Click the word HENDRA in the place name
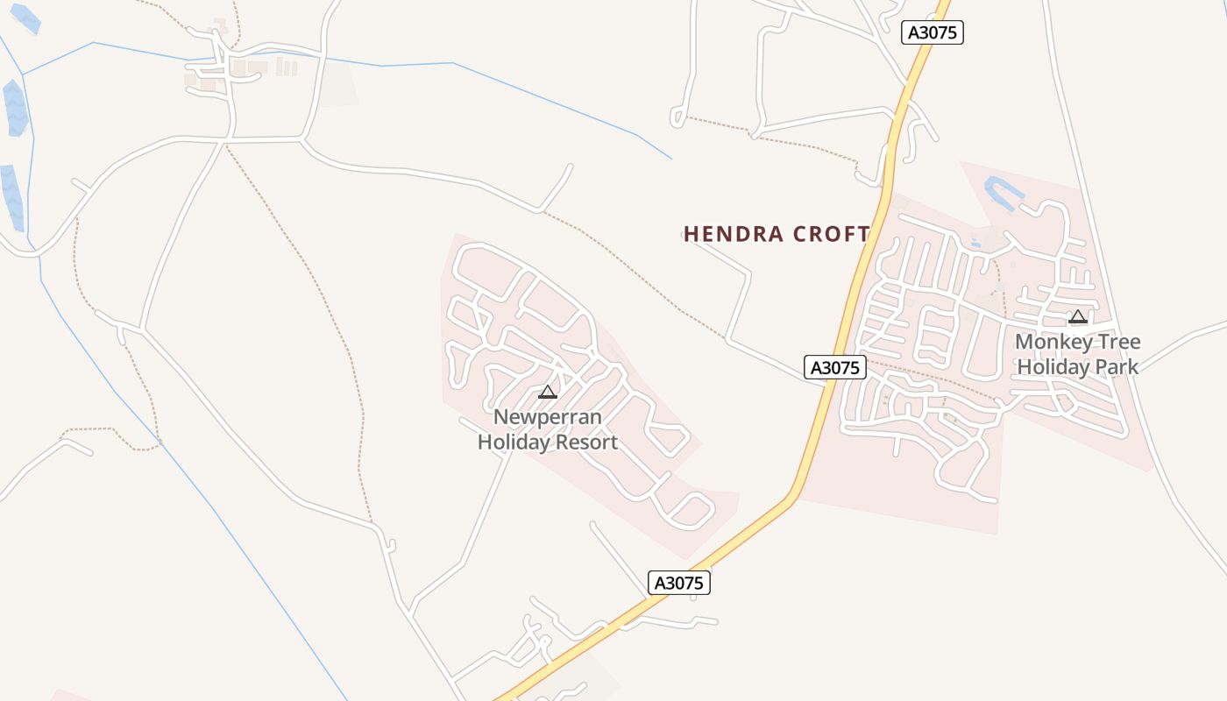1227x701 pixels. tap(733, 234)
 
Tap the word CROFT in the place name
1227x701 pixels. tap(831, 234)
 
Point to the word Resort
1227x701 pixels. tap(586, 443)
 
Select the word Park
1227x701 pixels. tap(1116, 366)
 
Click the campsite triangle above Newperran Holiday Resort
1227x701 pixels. tap(548, 392)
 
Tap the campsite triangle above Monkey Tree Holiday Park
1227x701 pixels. tap(1078, 316)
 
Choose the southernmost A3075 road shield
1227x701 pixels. tap(679, 583)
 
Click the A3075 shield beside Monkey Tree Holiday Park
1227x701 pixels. tap(835, 367)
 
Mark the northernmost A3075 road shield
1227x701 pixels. tap(933, 32)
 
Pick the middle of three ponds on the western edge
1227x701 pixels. tap(16, 108)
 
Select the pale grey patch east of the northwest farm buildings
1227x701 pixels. tap(337, 84)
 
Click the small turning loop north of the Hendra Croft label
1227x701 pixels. tap(677, 117)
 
